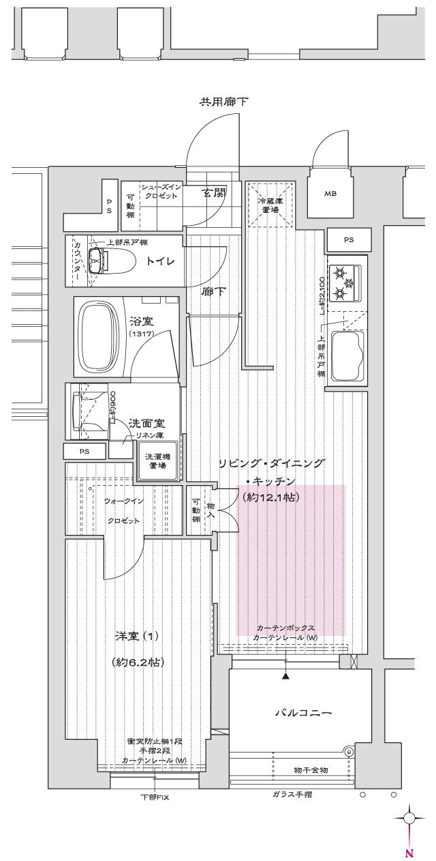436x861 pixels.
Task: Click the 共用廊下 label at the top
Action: pos(223,102)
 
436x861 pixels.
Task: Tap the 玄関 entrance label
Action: pos(213,193)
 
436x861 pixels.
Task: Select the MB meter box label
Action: pos(330,193)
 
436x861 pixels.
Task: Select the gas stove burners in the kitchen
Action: pos(346,283)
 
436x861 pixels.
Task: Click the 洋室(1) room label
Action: pos(136,637)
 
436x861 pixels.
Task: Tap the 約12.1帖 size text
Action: pos(271,498)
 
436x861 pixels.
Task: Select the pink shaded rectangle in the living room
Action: pos(291,559)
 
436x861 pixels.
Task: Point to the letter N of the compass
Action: pos(409,853)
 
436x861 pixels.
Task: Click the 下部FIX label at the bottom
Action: pos(155,797)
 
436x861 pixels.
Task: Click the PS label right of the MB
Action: pos(349,239)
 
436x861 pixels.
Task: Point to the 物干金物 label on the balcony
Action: pos(311,770)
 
